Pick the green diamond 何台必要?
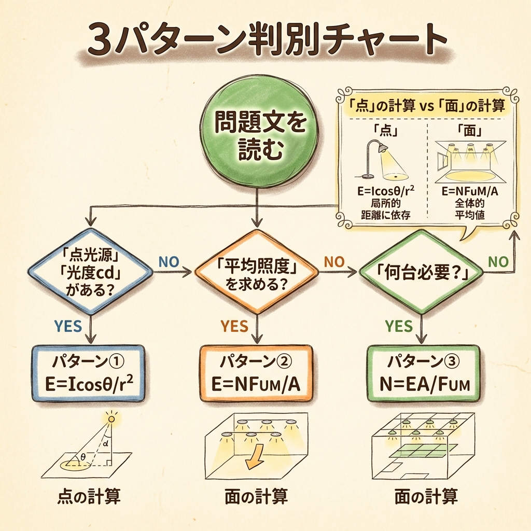click(419, 272)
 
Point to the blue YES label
click(68, 326)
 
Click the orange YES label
click(234, 326)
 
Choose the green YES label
click(399, 326)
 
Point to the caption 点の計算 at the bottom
click(89, 497)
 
